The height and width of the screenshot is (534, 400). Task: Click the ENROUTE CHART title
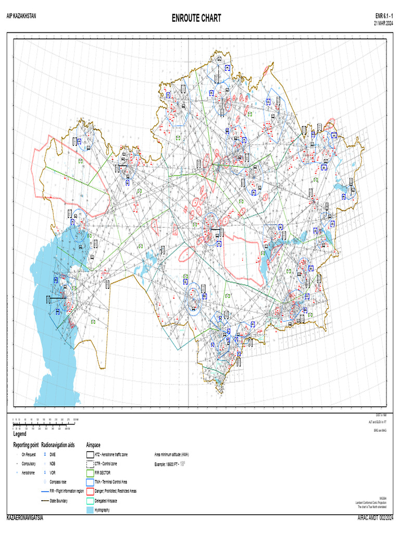coord(196,19)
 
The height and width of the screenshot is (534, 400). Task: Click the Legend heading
coord(20,434)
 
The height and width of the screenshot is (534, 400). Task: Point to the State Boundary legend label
coord(60,501)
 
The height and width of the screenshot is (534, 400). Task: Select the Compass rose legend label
coord(58,482)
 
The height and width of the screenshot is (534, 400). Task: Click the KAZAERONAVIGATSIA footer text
coord(24,518)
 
